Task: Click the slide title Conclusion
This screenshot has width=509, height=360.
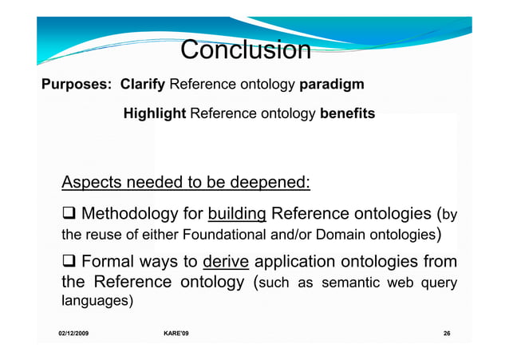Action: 245,50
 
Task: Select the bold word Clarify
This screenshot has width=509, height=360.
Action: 144,85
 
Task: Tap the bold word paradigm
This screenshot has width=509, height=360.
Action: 332,85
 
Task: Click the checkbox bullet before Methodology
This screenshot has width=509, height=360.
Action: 69,215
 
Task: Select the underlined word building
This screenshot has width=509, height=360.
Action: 237,214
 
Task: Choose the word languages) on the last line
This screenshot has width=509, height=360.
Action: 97,303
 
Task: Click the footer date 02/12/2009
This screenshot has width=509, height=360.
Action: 73,333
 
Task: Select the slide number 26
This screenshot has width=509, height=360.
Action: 445,333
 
